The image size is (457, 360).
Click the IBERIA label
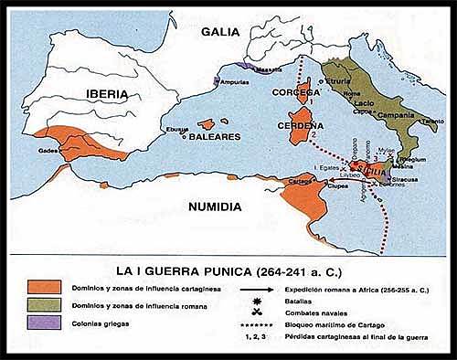click(x=90, y=92)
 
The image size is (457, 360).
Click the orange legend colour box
click(x=43, y=289)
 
